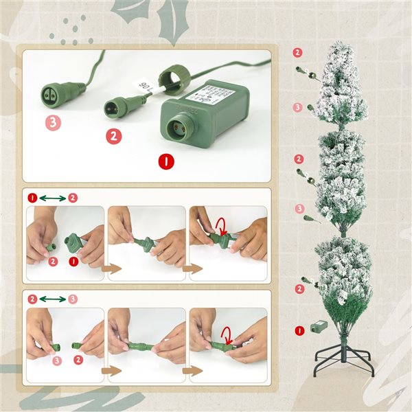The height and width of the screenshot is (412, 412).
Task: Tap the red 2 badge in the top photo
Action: point(113,136)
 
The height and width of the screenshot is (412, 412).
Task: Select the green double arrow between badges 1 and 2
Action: point(52,198)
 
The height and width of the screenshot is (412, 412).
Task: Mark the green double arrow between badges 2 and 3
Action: point(52,299)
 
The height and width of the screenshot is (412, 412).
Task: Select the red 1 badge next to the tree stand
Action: point(299,331)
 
